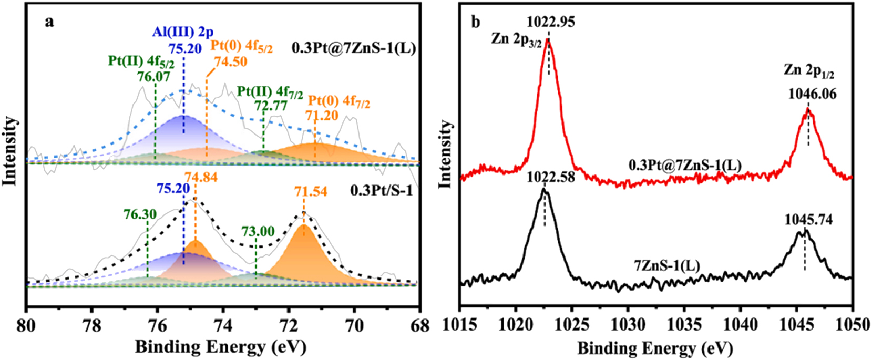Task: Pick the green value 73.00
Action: click(258, 231)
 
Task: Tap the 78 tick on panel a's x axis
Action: click(92, 326)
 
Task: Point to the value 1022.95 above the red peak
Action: click(550, 22)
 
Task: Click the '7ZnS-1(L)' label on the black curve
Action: click(667, 266)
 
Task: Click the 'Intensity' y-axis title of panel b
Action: click(446, 153)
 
